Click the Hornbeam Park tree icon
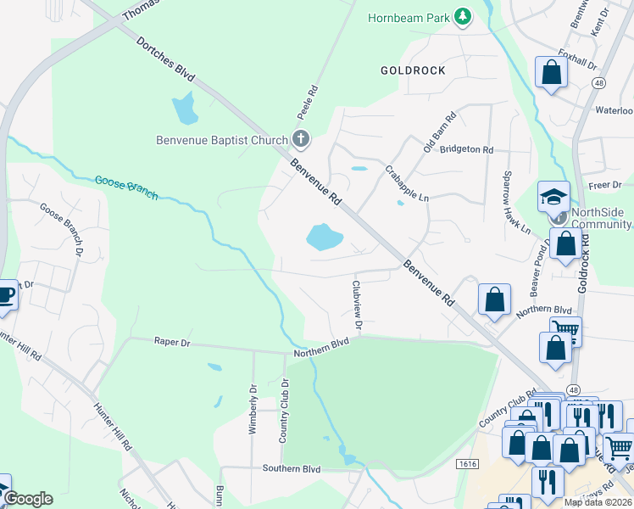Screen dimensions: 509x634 click(x=462, y=17)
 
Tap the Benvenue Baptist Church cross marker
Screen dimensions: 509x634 click(x=300, y=138)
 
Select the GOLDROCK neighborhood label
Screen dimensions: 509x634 click(x=413, y=70)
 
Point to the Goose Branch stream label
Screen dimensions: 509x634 click(x=126, y=187)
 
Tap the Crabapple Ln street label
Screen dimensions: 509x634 click(x=407, y=182)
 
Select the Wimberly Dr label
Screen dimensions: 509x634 click(x=253, y=409)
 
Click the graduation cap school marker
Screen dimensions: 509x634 click(x=553, y=199)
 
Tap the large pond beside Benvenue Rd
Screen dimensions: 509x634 click(x=324, y=237)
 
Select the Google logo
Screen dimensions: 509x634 click(x=27, y=499)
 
